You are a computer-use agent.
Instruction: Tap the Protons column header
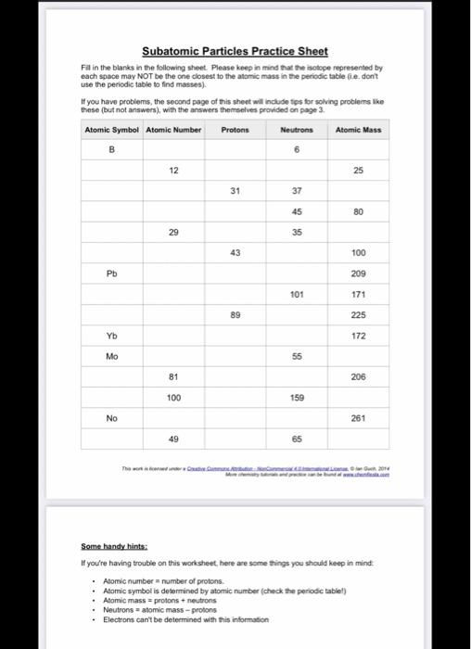click(235, 130)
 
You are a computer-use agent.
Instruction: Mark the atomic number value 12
click(173, 171)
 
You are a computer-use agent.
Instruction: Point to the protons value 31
click(235, 191)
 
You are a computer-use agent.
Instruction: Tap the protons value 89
click(235, 315)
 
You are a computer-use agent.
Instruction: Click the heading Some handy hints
click(109, 546)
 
